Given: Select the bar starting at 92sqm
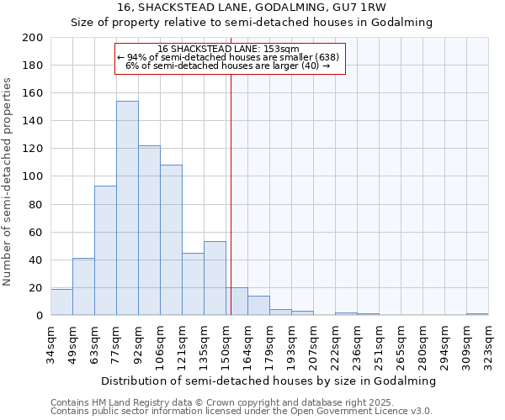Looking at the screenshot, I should click(149, 230).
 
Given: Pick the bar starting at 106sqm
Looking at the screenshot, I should click(171, 240).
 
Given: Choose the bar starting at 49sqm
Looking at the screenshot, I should click(83, 286).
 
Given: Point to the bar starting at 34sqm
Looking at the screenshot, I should click(61, 302).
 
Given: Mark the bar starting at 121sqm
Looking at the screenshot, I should click(193, 284).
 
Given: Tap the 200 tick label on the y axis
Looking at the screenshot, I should click(33, 38).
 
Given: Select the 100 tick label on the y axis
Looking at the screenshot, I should click(33, 176).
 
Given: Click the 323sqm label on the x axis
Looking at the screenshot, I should click(489, 343).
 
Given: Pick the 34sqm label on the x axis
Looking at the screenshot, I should click(51, 343).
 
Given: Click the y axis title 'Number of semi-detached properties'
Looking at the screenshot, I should click(8, 181).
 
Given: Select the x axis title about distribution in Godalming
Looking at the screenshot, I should click(268, 381).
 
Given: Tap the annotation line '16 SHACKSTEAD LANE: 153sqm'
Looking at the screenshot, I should click(228, 50).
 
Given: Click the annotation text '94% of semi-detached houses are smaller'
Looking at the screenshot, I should click(231, 57).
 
